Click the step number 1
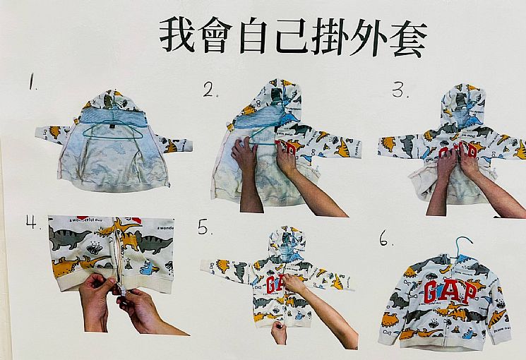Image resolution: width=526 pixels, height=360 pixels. tap(32, 82)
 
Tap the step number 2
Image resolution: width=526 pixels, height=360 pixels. tap(210, 90)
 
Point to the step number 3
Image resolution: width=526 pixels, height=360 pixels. tap(400, 90)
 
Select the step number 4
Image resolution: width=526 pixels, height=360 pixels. tap(32, 222)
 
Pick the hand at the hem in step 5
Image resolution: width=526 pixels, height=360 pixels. tap(279, 332)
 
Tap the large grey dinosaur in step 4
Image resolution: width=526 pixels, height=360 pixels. tap(69, 237)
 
